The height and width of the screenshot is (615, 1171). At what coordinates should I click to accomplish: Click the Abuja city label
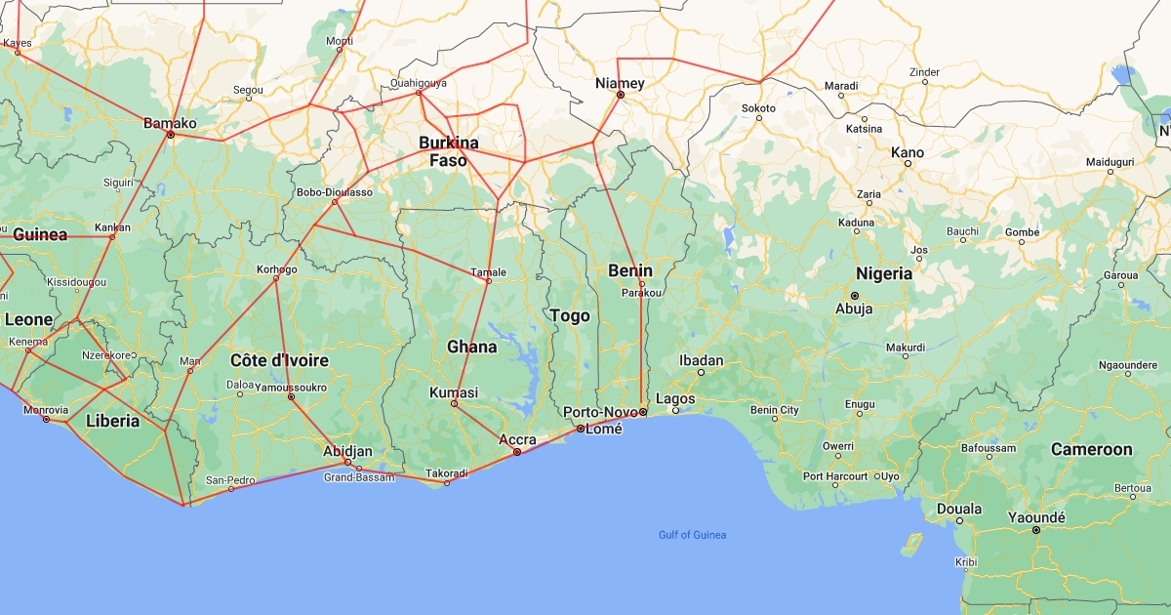pos(854,309)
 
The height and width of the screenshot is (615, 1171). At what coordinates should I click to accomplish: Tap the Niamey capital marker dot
pos(620,95)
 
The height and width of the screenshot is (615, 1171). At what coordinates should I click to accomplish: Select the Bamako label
pos(170,123)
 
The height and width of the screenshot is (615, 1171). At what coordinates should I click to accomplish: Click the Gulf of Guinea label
pos(692,535)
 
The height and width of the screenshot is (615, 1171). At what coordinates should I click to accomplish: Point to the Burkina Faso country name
pos(449,151)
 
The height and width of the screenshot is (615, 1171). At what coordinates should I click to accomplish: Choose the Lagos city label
pos(675,398)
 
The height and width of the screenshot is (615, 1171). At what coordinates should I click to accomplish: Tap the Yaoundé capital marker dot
pos(1036,530)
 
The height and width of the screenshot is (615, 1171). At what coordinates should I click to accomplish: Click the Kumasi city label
pos(454,392)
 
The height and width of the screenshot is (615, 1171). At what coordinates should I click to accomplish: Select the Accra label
pos(517,439)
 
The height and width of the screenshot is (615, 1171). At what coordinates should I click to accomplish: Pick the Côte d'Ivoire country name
pos(279,360)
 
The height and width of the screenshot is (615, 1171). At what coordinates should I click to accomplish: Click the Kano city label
pos(907,152)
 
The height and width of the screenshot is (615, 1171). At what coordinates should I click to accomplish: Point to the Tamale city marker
pos(488,282)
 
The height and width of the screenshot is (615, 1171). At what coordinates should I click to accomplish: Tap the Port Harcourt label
pos(834,476)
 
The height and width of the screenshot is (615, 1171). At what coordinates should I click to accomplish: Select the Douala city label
pos(959,509)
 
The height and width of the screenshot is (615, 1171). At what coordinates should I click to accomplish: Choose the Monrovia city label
pos(45,409)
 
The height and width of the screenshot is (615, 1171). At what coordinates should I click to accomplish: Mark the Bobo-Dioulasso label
pos(335,192)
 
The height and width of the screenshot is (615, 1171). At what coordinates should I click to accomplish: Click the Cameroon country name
pos(1091,449)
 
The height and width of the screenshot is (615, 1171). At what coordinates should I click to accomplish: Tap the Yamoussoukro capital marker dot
pos(291,396)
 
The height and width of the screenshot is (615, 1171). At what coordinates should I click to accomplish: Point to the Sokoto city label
pos(758,107)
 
